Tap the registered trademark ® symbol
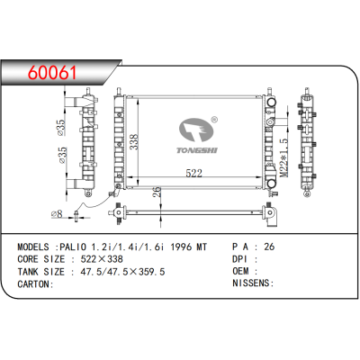coord(213,120)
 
